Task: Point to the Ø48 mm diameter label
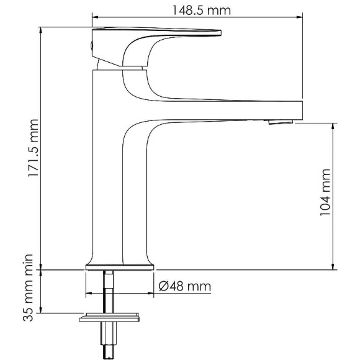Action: pos(184,286)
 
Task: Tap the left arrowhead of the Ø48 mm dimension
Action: pos(88,292)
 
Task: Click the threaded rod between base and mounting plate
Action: pos(110,292)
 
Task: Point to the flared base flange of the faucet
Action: pos(119,267)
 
